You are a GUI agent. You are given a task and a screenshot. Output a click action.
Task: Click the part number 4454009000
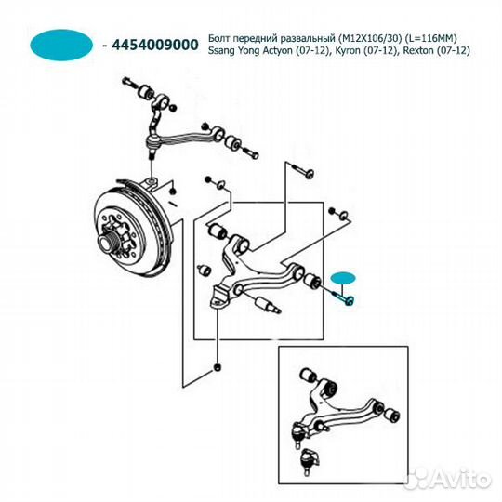155,45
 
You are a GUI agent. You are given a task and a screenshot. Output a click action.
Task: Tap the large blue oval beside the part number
61,45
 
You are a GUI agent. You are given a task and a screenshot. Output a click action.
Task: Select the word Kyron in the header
347,50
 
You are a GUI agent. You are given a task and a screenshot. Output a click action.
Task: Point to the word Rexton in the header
418,50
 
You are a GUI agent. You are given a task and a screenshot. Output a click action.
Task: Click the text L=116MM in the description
430,38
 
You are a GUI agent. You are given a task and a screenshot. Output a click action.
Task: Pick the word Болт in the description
219,38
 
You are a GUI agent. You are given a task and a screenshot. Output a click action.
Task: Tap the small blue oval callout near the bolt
343,278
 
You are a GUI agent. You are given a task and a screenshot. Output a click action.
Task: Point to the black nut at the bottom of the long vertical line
218,367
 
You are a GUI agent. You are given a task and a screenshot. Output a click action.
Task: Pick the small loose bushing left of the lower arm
203,271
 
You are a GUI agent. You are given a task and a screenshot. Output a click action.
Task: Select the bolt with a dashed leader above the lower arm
303,171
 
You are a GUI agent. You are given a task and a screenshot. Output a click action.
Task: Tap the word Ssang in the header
221,51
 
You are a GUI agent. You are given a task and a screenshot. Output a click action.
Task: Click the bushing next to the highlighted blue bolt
312,281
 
